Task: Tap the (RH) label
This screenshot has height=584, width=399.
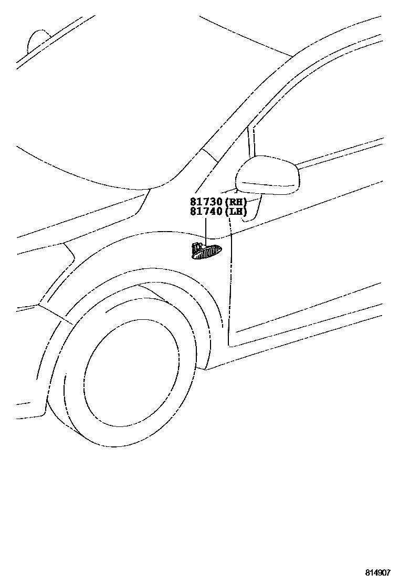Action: coord(236,202)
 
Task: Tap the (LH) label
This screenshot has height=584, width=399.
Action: coord(236,212)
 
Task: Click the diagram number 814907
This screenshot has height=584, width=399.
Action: coord(378,572)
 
